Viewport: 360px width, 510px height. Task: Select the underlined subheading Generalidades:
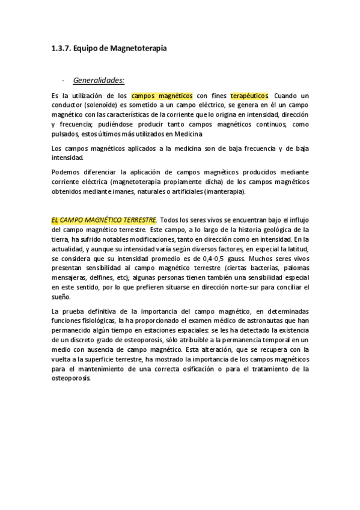point(99,79)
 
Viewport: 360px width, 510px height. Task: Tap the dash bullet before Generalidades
point(63,79)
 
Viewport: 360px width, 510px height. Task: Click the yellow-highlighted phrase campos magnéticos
point(162,96)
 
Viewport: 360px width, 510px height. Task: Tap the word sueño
point(61,298)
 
